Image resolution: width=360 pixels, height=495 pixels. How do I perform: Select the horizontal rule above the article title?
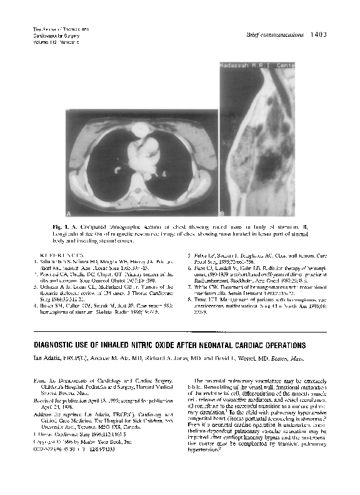pyautogui.click(x=181, y=332)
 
